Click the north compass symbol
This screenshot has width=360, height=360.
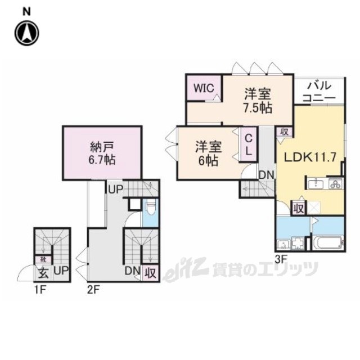tap(26, 32)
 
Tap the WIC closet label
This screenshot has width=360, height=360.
tap(203, 88)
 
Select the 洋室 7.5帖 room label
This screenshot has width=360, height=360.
tap(258, 100)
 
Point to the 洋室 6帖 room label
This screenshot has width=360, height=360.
tap(208, 153)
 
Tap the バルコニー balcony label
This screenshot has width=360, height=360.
tap(319, 92)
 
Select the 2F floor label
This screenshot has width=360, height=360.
tap(93, 290)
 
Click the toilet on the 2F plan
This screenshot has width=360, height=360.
tap(150, 211)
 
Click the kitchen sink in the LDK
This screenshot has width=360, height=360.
tap(317, 184)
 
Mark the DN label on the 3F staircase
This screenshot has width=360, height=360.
tap(266, 175)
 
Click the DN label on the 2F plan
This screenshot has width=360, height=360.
tap(132, 271)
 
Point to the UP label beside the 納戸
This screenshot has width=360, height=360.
tap(115, 190)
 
